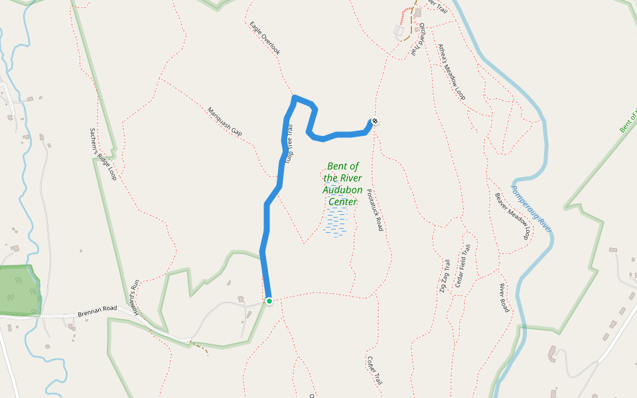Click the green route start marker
(269, 301)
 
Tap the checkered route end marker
(375, 121)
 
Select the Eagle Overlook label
(265, 38)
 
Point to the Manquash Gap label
(224, 121)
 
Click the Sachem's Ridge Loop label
(104, 155)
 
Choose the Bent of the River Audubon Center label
(342, 184)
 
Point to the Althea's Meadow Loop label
(451, 72)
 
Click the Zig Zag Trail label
(444, 276)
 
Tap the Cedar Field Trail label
(462, 265)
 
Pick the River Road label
(504, 298)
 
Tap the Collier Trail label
(374, 370)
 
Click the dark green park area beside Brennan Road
(19, 290)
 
